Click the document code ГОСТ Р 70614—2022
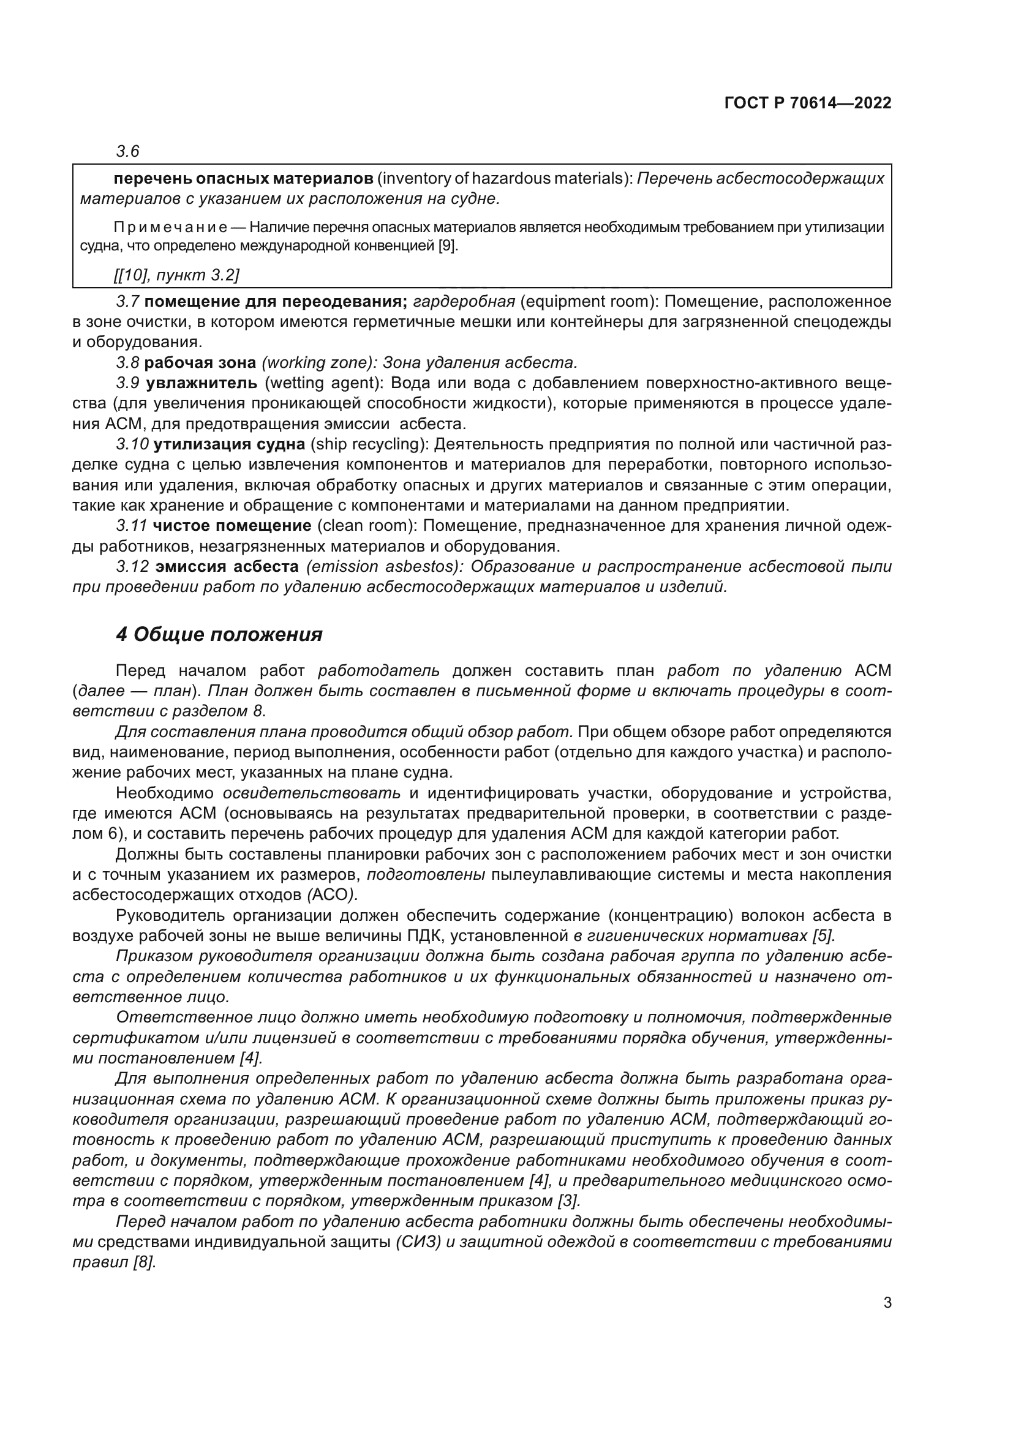(808, 103)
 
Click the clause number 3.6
(127, 151)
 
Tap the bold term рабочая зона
(200, 362)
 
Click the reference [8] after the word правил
(144, 1262)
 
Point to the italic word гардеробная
(464, 302)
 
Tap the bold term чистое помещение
(232, 526)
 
